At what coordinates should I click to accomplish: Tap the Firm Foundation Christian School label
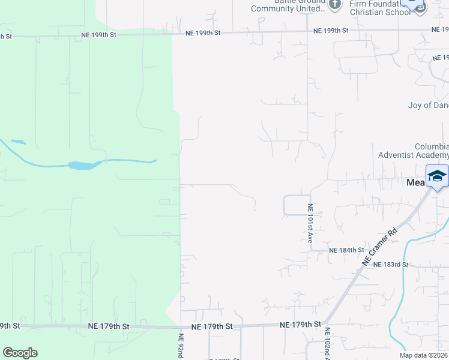pyautogui.click(x=380, y=8)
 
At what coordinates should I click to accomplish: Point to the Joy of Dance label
pyautogui.click(x=428, y=105)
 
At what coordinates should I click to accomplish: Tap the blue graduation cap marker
pyautogui.click(x=437, y=176)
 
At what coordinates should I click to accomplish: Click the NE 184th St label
pyautogui.click(x=346, y=250)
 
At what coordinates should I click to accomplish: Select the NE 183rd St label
pyautogui.click(x=390, y=264)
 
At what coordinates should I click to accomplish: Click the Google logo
pyautogui.click(x=20, y=353)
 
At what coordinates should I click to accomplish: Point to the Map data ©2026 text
pyautogui.click(x=423, y=355)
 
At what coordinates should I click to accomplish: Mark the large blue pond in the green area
pyautogui.click(x=82, y=165)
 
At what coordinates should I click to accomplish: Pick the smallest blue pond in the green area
pyautogui.click(x=18, y=142)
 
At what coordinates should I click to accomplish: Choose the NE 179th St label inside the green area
pyautogui.click(x=109, y=326)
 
